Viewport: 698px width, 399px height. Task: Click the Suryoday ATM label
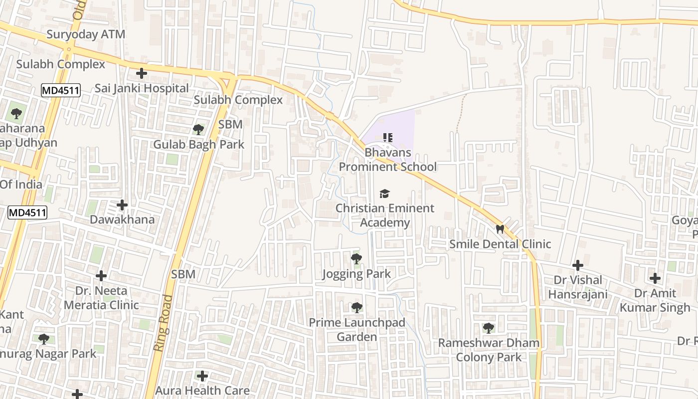pos(86,34)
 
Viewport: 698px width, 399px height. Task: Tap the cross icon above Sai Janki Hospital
pos(142,74)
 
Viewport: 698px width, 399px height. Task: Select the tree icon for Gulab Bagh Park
pos(198,130)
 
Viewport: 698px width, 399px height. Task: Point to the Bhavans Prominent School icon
pos(388,137)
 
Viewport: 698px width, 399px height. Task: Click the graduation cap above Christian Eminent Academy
pos(384,194)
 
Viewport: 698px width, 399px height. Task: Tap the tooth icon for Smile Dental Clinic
pos(500,229)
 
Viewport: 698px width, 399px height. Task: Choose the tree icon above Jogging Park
pos(356,259)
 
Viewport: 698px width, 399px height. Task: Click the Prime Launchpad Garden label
pos(357,330)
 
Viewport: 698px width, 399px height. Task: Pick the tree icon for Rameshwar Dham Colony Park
pos(489,328)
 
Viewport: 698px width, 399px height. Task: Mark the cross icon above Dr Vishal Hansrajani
pos(578,265)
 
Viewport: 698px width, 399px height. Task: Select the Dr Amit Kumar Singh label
pos(655,300)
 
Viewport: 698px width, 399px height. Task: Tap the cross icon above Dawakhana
pos(122,205)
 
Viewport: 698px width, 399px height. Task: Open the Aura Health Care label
pos(202,390)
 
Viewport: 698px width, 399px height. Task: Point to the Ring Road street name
pos(163,323)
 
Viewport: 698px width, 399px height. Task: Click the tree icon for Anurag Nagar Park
pos(44,339)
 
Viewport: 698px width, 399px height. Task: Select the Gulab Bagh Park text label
pos(198,145)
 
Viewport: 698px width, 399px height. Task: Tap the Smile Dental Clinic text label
pos(500,244)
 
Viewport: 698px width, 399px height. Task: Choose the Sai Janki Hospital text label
pos(142,88)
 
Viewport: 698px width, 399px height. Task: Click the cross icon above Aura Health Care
pos(202,376)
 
